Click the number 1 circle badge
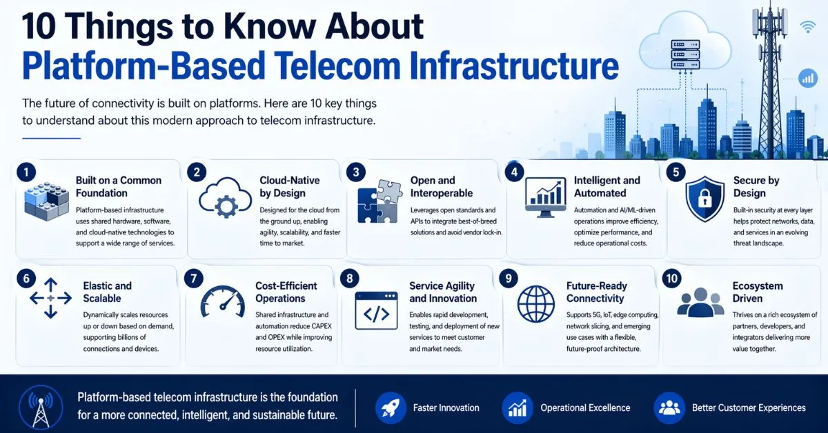[26, 172]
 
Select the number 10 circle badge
[671, 279]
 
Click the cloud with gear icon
[224, 199]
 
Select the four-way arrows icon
[51, 298]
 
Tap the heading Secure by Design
[756, 187]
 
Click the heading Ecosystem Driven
[758, 292]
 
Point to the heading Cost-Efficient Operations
[286, 292]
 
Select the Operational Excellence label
[585, 407]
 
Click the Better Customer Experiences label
[749, 407]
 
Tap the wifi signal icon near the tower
[808, 27]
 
